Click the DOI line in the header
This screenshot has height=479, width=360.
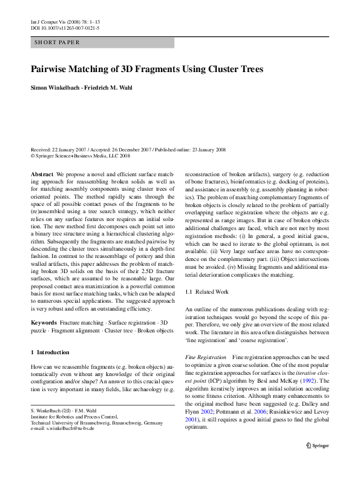65,28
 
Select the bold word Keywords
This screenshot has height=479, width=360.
44,323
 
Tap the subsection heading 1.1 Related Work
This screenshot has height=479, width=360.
207,292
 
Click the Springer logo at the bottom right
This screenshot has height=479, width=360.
317,462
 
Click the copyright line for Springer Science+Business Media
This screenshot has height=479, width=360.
80,155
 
